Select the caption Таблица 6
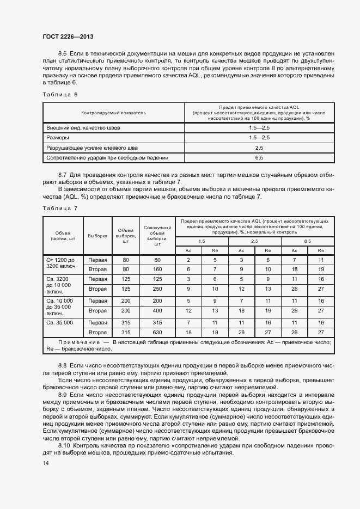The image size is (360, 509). click(x=60, y=94)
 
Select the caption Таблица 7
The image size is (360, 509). click(x=60, y=208)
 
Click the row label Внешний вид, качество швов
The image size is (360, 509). click(x=83, y=127)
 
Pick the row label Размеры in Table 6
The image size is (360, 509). click(x=57, y=138)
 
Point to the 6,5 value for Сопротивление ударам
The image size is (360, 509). click(x=259, y=158)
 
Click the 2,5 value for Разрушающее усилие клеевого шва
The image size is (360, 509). click(x=259, y=148)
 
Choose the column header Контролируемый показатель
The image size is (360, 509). click(x=114, y=113)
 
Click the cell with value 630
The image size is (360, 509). click(x=157, y=332)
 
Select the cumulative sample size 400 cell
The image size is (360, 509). click(x=157, y=310)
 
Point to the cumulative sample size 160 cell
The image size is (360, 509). click(x=157, y=269)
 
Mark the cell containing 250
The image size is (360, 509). click(x=157, y=289)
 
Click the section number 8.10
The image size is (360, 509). click(x=65, y=445)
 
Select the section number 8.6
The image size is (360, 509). click(x=62, y=53)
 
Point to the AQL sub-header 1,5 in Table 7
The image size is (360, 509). click(x=202, y=241)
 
